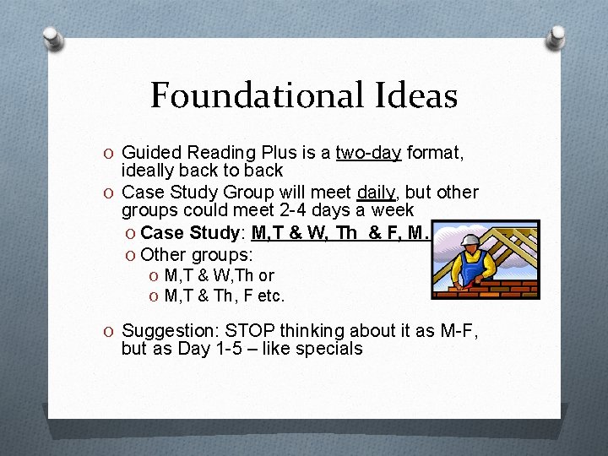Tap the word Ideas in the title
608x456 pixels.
[414, 95]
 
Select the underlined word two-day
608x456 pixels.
[368, 153]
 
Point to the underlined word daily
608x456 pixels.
[376, 193]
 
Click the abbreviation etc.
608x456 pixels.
[273, 296]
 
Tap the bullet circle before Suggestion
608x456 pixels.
[111, 331]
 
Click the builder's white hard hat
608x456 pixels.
[470, 240]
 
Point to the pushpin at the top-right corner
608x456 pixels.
[556, 35]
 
